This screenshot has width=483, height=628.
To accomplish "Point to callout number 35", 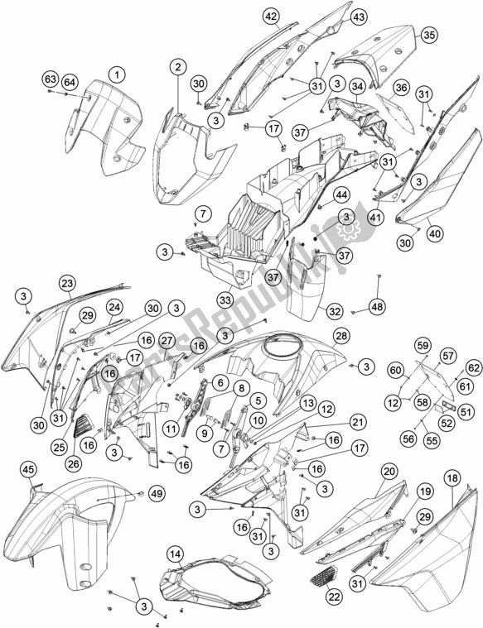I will tap(428, 35).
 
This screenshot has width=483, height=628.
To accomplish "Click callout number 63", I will tap(51, 79).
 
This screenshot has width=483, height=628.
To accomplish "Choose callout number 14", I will tap(175, 554).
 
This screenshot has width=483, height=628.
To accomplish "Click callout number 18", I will tap(452, 477).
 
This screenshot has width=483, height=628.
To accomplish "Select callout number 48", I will tap(377, 307).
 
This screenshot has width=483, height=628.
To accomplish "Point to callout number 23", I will tap(67, 283).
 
